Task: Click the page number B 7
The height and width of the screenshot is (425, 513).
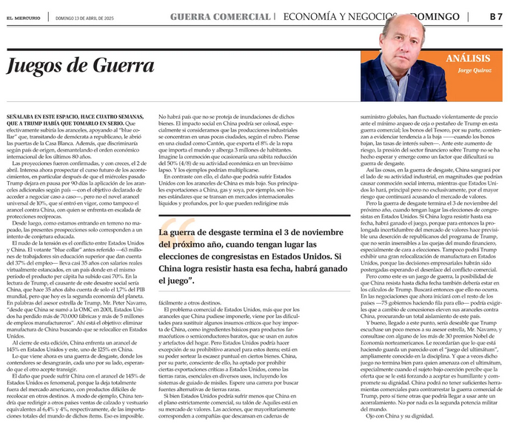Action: click(495, 15)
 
